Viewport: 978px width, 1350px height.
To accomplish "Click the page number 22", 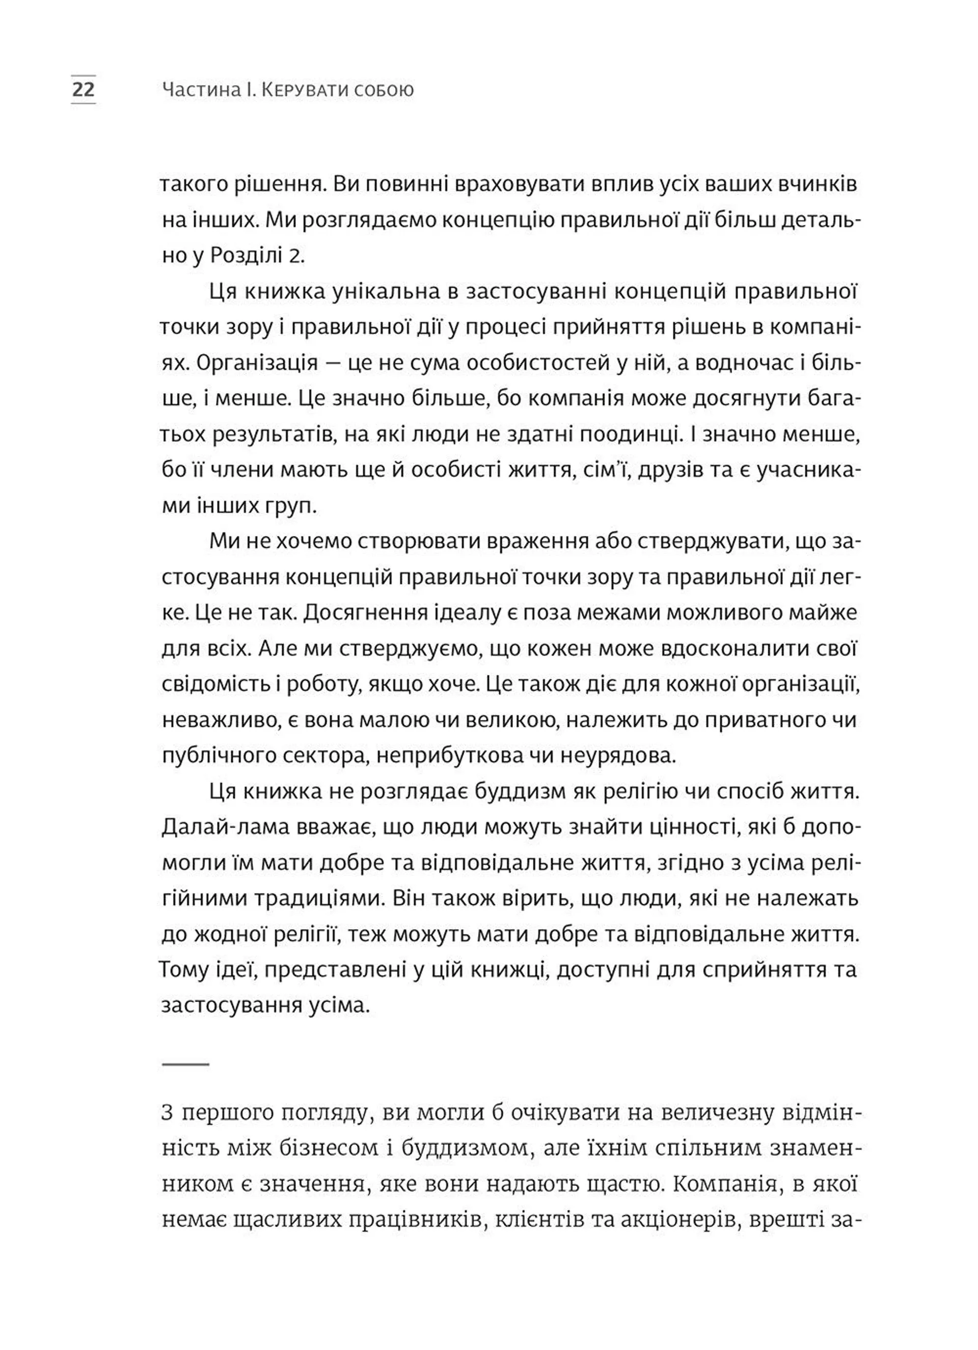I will (x=84, y=90).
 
